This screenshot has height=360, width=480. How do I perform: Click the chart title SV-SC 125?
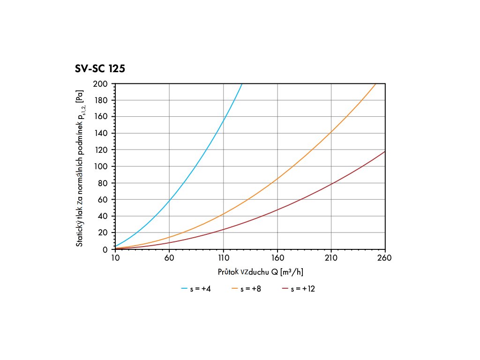pyautogui.click(x=100, y=69)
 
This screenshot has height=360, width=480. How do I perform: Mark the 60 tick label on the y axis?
pyautogui.click(x=103, y=200)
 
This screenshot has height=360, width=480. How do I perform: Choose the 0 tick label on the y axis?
pyautogui.click(x=105, y=249)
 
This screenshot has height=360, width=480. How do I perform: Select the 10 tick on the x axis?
pyautogui.click(x=115, y=257)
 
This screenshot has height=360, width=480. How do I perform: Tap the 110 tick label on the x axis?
pyautogui.click(x=223, y=257)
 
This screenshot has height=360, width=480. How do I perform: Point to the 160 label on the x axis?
pyautogui.click(x=277, y=257)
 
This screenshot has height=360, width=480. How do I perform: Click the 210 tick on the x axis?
pyautogui.click(x=331, y=257)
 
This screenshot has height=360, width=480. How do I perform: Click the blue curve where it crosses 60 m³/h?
pyautogui.click(x=169, y=200)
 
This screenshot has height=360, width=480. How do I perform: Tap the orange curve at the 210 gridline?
pyautogui.click(x=331, y=132)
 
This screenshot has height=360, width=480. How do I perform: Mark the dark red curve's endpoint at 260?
pyautogui.click(x=385, y=151)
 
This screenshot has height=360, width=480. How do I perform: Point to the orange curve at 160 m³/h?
pyautogui.click(x=277, y=178)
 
